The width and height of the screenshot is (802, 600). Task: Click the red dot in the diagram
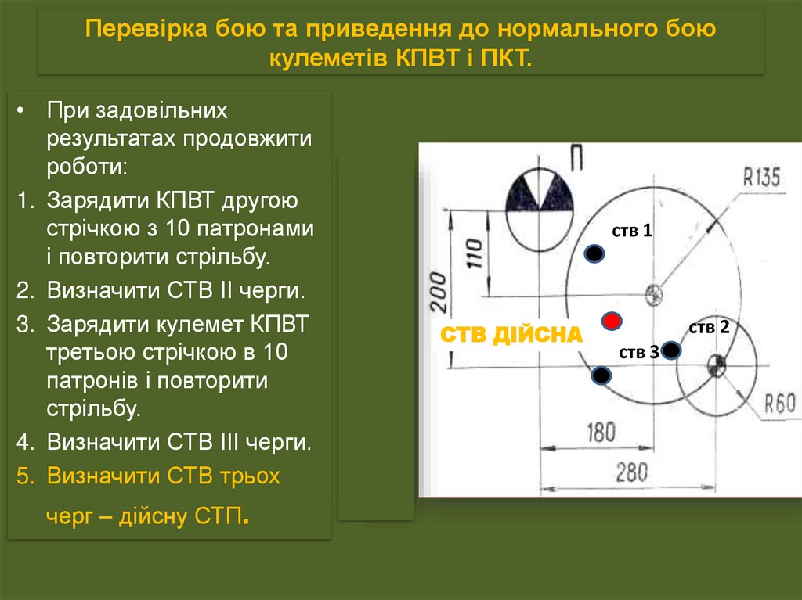coord(612,321)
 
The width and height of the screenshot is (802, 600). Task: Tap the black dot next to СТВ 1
coord(595,253)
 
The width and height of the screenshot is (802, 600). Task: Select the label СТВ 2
coord(709,327)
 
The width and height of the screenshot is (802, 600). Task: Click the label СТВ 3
coord(638,353)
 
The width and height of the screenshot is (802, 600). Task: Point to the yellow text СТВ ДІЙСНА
coord(511,336)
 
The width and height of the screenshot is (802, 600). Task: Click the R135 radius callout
coord(761,178)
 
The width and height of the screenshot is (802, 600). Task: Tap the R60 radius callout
coord(779,404)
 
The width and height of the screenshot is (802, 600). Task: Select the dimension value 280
coord(631,472)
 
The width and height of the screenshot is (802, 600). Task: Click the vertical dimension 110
coord(475,253)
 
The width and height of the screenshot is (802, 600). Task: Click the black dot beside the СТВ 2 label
coord(671,350)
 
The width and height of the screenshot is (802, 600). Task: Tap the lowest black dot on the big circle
coord(601,376)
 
